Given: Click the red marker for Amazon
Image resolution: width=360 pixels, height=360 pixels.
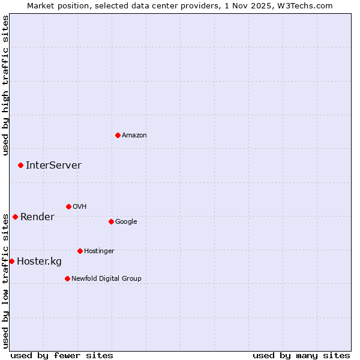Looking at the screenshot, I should (x=118, y=135).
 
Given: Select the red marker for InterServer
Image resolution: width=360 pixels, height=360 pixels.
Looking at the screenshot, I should (x=20, y=165).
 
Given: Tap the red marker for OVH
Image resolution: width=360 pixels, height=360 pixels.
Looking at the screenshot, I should (x=68, y=206).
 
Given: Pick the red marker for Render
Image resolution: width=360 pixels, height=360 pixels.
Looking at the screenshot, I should (x=15, y=217).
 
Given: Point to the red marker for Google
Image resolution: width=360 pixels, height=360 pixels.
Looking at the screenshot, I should (x=111, y=221).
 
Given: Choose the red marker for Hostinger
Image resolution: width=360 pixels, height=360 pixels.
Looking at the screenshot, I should (x=80, y=251).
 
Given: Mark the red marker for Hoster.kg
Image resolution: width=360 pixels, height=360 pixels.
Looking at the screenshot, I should (x=11, y=261).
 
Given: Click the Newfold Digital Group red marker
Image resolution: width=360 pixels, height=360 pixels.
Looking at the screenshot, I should (x=67, y=278).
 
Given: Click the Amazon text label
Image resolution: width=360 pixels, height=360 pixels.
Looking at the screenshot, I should (x=134, y=135).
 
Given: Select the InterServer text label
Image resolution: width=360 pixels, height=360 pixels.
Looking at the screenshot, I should (x=53, y=165).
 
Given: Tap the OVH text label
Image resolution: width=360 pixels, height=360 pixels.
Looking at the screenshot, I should (x=80, y=206).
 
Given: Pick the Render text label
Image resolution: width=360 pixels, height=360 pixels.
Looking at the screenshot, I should (x=37, y=217).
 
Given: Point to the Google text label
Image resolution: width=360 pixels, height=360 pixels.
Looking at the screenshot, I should (x=126, y=221).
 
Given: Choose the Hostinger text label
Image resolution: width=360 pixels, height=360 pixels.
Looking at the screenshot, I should (x=99, y=251).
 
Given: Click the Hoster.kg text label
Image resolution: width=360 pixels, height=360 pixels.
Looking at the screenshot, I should (x=39, y=261).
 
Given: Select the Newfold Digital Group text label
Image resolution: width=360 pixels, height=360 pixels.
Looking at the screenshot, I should (x=106, y=278).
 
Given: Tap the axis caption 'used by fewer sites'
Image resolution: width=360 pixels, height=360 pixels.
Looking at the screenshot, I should (x=62, y=355).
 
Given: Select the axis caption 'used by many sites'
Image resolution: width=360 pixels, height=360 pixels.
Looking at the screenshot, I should (x=301, y=355).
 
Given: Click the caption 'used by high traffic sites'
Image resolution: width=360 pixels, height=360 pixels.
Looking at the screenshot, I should (x=5, y=85).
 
